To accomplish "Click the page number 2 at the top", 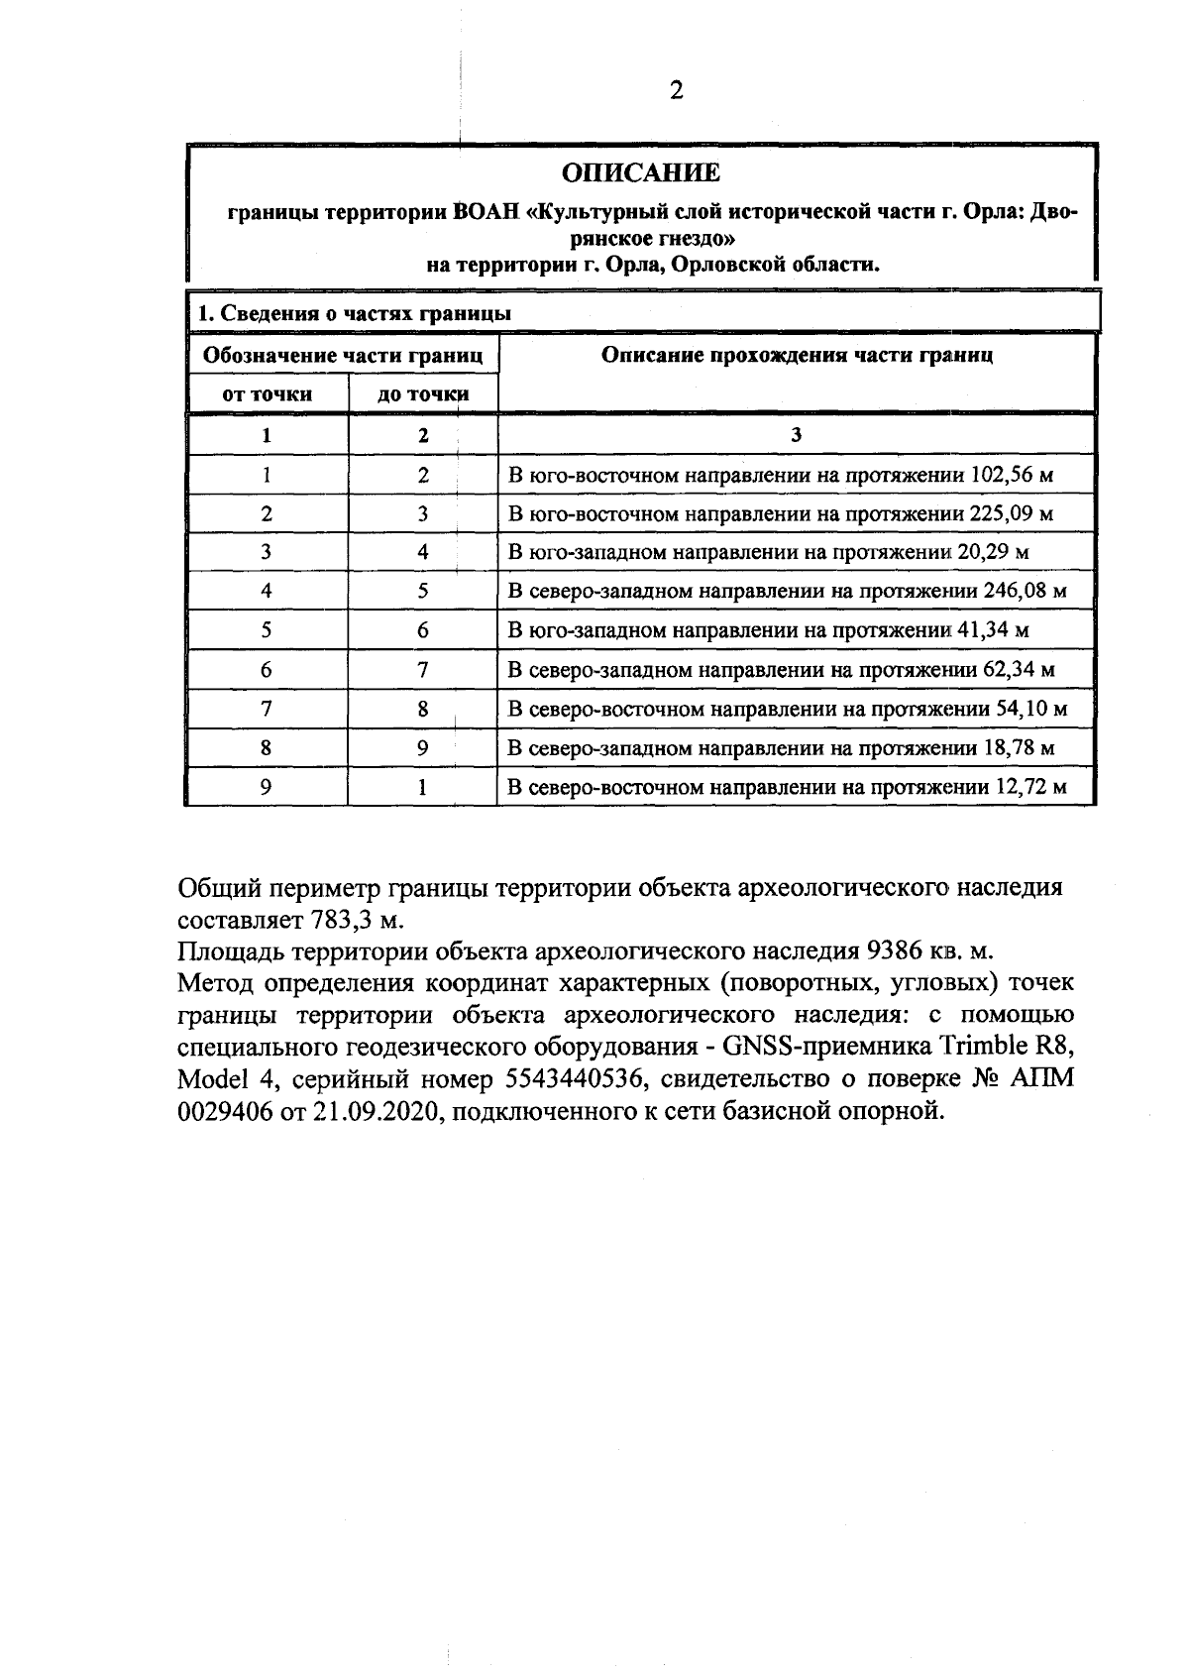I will (x=676, y=91).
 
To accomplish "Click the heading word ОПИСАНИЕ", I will (x=641, y=173).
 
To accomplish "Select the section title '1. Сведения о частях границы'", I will (x=354, y=314).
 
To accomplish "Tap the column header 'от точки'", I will (x=268, y=394).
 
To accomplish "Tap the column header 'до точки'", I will (x=423, y=394).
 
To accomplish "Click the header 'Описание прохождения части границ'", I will (x=797, y=355).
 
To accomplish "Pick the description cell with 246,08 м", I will (x=787, y=592).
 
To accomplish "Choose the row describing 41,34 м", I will (x=768, y=630).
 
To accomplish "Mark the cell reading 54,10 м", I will (x=1030, y=709).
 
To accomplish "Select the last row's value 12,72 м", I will (x=1030, y=788).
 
